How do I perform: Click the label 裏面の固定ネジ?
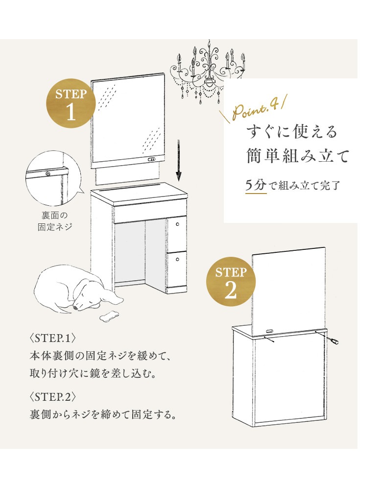click(x=54, y=221)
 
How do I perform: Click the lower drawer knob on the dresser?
click(x=177, y=260)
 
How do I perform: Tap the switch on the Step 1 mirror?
click(x=151, y=160)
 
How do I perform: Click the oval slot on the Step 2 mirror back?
click(x=271, y=329)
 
